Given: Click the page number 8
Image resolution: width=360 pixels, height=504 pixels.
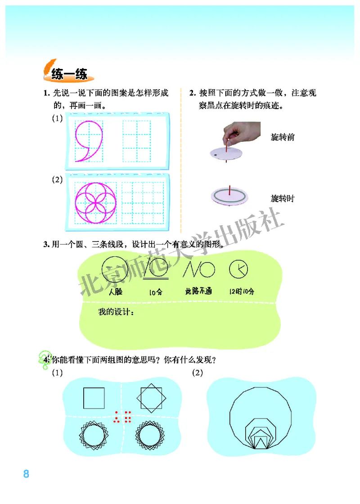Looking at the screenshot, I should pyautogui.click(x=26, y=474).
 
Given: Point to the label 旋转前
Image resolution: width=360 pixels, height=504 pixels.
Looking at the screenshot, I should pyautogui.click(x=283, y=137).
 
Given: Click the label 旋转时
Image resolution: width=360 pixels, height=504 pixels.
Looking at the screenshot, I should pyautogui.click(x=283, y=198).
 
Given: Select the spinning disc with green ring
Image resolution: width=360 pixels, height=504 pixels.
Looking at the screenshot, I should pyautogui.click(x=229, y=196).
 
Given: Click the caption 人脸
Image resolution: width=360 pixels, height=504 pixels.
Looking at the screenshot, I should pyautogui.click(x=116, y=291).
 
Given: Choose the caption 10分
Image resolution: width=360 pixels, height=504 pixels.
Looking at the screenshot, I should pyautogui.click(x=156, y=292).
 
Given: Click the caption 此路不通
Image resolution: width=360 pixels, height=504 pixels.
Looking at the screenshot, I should pyautogui.click(x=198, y=291).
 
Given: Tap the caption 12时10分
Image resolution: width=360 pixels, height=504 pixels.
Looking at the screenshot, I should pyautogui.click(x=241, y=291).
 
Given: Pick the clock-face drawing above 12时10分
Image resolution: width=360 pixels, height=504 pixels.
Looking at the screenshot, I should pyautogui.click(x=238, y=269).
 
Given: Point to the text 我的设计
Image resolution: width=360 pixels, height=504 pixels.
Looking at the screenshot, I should pyautogui.click(x=116, y=313).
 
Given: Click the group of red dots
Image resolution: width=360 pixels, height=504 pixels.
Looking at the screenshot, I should pyautogui.click(x=122, y=417).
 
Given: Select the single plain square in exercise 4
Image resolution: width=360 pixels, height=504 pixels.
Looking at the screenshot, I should pyautogui.click(x=94, y=398).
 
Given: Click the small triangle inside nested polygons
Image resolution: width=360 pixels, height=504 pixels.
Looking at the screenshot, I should pyautogui.click(x=260, y=442).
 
